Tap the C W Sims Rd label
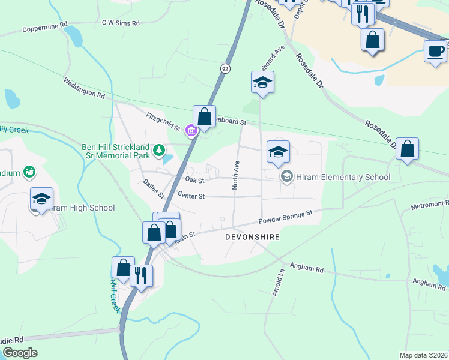pos(121,23)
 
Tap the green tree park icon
pos(158,149)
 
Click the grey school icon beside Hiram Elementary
pos(287,176)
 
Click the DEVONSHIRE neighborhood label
pos(252,237)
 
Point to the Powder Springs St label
pos(286,217)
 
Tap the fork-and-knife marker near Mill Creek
pos(142,275)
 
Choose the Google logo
pos(20,353)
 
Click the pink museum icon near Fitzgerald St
pos(191,130)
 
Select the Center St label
pos(191,196)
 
